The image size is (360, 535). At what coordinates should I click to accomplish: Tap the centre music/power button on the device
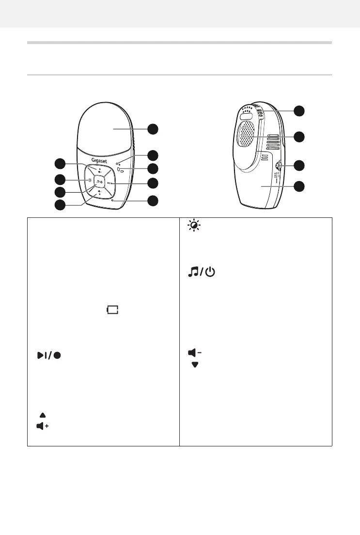(x=99, y=183)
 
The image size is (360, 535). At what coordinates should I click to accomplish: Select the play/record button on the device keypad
(x=112, y=183)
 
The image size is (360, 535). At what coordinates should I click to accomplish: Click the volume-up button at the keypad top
(x=99, y=170)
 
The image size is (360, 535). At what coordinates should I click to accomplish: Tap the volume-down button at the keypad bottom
(x=99, y=193)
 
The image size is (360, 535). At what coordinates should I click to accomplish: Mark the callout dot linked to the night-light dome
(x=153, y=129)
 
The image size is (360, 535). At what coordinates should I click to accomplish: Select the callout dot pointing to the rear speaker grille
(x=300, y=137)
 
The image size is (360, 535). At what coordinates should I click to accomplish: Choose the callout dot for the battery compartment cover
(x=300, y=186)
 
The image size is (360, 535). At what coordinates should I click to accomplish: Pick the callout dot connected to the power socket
(x=300, y=165)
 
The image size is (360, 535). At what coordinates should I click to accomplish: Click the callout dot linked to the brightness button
(x=60, y=179)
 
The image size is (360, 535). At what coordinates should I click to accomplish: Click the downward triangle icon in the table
(x=196, y=365)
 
